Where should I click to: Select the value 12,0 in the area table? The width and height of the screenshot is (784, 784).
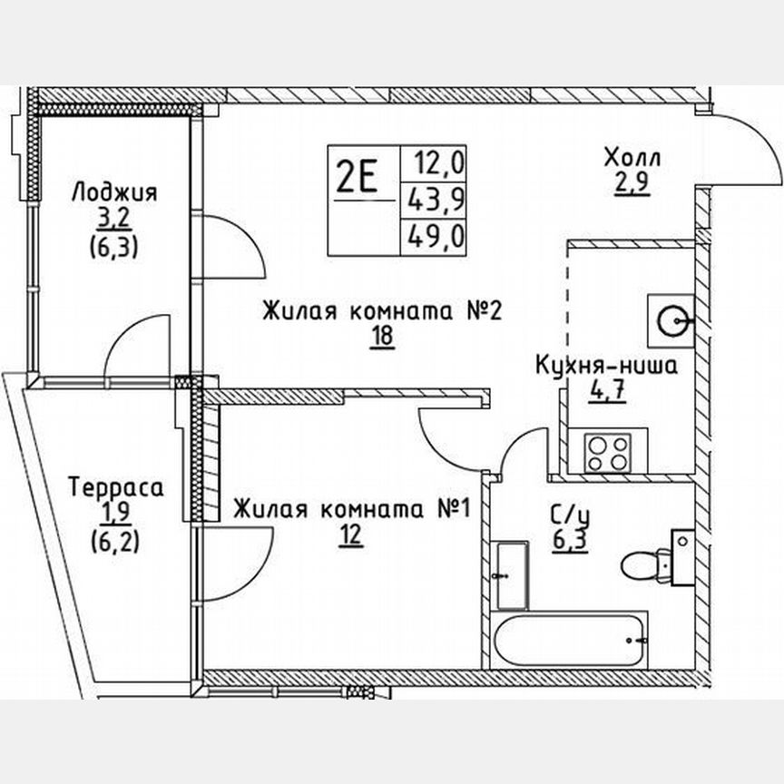(x=439, y=164)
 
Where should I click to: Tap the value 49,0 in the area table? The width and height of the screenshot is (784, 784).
(x=439, y=238)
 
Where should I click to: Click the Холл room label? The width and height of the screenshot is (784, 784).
(x=633, y=159)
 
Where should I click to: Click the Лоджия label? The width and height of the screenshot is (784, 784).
(x=114, y=192)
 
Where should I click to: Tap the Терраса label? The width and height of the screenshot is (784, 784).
(x=116, y=487)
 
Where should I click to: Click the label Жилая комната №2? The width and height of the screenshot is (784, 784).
(x=382, y=312)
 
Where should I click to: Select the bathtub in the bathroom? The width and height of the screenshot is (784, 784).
(x=569, y=641)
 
